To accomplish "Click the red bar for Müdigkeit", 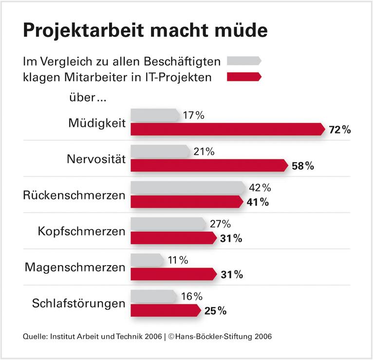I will [227, 129].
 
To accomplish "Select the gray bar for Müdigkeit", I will [155, 116].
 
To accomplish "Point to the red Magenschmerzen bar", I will [173, 274].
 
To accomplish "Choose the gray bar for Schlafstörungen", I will [154, 296].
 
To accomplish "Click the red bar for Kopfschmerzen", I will [173, 238].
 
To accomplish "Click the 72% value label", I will [339, 130].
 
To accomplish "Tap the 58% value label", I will [302, 166].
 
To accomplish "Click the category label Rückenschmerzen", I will [74, 195].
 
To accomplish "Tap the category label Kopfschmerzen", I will [81, 231].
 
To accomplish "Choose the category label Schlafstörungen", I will [78, 304].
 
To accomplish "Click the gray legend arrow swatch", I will [244, 61].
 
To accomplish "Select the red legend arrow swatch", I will [244, 76].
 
